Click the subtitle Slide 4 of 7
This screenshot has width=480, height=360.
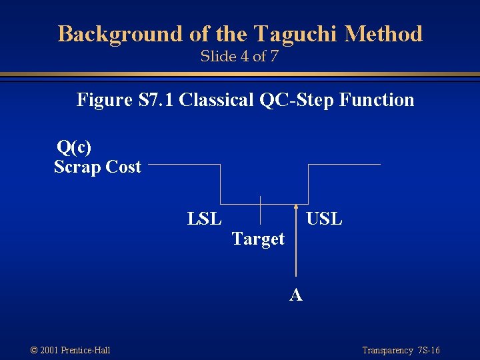[239, 56]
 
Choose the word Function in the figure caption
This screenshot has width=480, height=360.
[377, 100]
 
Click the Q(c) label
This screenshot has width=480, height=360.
[74, 147]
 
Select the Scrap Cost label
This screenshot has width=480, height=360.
[97, 167]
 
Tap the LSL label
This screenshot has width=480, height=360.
[205, 219]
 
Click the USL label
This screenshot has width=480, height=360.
[323, 219]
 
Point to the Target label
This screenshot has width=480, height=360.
[258, 239]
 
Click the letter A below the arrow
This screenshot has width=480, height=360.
[296, 294]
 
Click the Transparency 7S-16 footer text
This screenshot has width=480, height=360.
[401, 350]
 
